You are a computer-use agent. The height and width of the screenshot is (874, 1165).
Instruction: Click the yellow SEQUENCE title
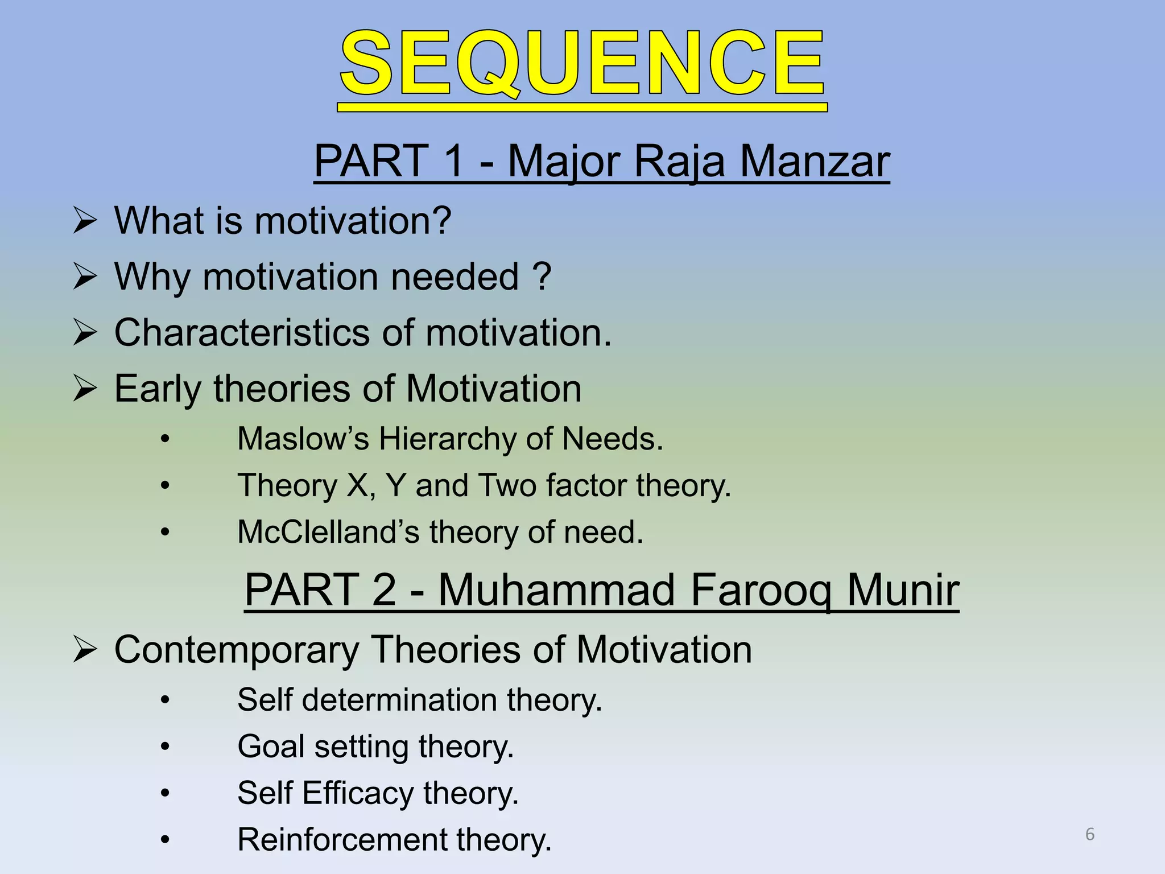point(582,64)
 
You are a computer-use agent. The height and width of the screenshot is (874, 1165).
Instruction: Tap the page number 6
point(1090,834)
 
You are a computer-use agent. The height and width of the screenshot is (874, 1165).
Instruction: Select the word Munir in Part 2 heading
point(903,589)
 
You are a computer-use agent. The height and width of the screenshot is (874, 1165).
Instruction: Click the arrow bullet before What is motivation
point(85,221)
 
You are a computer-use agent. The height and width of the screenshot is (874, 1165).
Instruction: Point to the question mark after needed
point(542,277)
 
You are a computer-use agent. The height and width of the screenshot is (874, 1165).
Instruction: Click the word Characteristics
point(241,332)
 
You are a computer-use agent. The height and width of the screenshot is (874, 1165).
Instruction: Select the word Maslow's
point(303,439)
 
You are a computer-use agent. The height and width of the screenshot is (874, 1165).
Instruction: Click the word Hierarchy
point(447,439)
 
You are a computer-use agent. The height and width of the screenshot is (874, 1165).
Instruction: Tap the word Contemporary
point(237,650)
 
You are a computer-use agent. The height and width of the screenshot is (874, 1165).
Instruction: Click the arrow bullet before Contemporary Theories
point(85,650)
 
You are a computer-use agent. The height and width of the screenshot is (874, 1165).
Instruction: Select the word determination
point(399,700)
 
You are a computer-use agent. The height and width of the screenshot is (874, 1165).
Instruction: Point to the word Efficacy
point(358,793)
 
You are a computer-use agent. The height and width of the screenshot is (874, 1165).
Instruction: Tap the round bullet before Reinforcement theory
point(165,840)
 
